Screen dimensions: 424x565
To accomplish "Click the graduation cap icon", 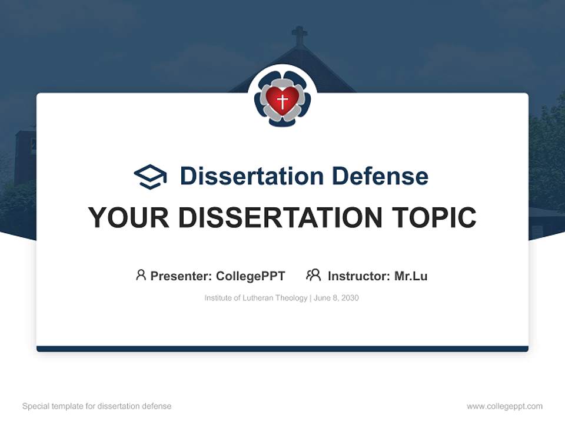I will pyautogui.click(x=150, y=176).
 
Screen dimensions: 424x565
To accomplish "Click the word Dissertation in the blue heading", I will pyautogui.click(x=251, y=176).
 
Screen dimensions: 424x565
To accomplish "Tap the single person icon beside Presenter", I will pyautogui.click(x=141, y=275).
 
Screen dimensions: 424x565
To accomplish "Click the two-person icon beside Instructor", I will pyautogui.click(x=313, y=275).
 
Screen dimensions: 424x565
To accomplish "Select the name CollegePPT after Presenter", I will pyautogui.click(x=251, y=276).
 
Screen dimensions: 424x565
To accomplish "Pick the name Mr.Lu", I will pyautogui.click(x=411, y=276).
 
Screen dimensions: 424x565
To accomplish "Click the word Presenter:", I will pyautogui.click(x=181, y=276).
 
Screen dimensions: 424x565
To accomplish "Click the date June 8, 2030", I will pyautogui.click(x=336, y=298).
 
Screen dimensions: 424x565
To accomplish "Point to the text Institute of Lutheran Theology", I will pyautogui.click(x=256, y=298).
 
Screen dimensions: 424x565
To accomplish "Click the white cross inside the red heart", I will pyautogui.click(x=282, y=101).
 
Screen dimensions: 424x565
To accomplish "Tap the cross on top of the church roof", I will pyautogui.click(x=300, y=35).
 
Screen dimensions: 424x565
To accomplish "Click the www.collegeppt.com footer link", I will pyautogui.click(x=504, y=406).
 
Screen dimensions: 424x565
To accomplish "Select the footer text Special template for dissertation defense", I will pyautogui.click(x=97, y=406).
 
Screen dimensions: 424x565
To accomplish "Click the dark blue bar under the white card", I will pyautogui.click(x=282, y=349).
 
